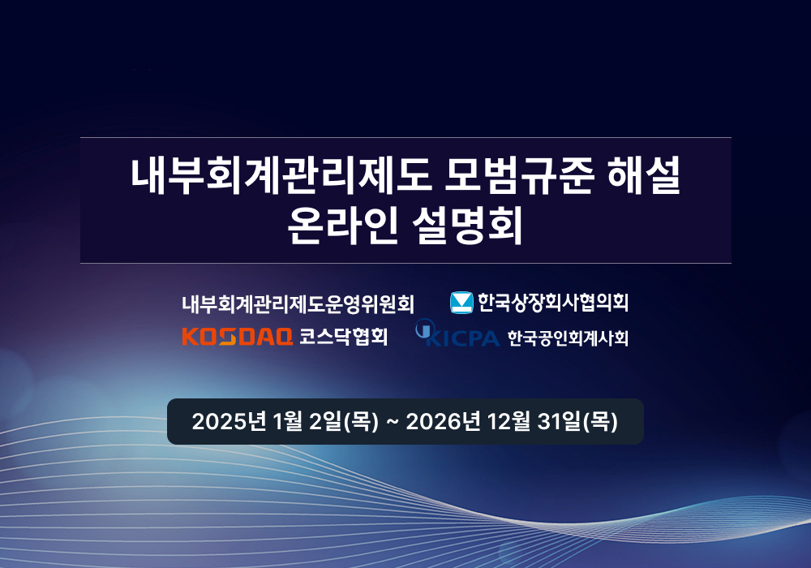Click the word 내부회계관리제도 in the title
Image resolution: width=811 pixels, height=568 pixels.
tap(281, 175)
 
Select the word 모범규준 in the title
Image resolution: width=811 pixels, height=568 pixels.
tap(519, 175)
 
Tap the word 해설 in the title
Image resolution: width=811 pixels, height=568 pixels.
tap(644, 175)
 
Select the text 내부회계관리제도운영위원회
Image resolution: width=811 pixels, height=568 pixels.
tap(298, 303)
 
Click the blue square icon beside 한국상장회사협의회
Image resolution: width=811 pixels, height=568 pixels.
tap(461, 303)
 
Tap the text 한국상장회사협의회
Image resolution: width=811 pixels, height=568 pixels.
tap(553, 303)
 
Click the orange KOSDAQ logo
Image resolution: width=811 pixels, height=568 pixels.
tap(237, 336)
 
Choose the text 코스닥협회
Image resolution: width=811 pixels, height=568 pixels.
tap(343, 336)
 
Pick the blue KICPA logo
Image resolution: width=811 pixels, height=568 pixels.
tap(457, 333)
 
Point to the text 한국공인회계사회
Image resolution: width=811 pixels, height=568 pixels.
tap(568, 338)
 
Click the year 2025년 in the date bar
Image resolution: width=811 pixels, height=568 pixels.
tap(229, 422)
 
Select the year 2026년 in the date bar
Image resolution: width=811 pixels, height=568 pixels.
tap(444, 422)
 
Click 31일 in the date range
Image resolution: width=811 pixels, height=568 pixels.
tap(559, 422)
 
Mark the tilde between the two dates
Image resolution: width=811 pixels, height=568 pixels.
tap(393, 422)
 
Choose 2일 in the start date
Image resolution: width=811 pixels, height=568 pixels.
tap(326, 422)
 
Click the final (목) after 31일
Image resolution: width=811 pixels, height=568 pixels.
tap(600, 422)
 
